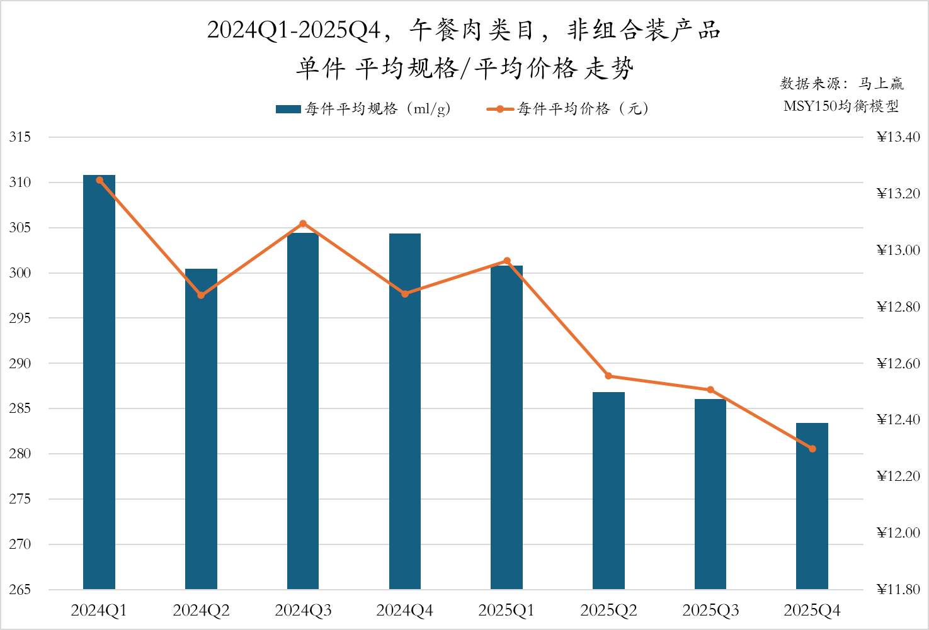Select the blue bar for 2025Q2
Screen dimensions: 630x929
tap(608, 491)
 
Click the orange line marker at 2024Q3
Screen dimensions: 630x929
tap(303, 223)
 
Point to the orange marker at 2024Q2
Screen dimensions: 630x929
tap(201, 295)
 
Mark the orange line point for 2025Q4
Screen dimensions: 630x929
tap(812, 449)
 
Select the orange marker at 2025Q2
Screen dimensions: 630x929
tap(608, 376)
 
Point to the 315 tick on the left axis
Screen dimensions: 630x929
tap(20, 137)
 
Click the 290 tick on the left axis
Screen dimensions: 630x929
tap(20, 363)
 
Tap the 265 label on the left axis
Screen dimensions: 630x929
tap(20, 590)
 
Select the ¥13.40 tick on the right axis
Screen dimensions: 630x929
tap(898, 137)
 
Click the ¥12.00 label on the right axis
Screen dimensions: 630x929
tap(898, 533)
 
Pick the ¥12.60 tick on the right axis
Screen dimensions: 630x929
tap(898, 363)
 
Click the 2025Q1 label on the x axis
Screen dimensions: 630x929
tap(506, 610)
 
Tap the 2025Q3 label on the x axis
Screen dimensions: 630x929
tap(710, 610)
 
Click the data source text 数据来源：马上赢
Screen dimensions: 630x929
tap(841, 84)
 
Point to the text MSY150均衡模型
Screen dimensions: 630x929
tap(841, 106)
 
